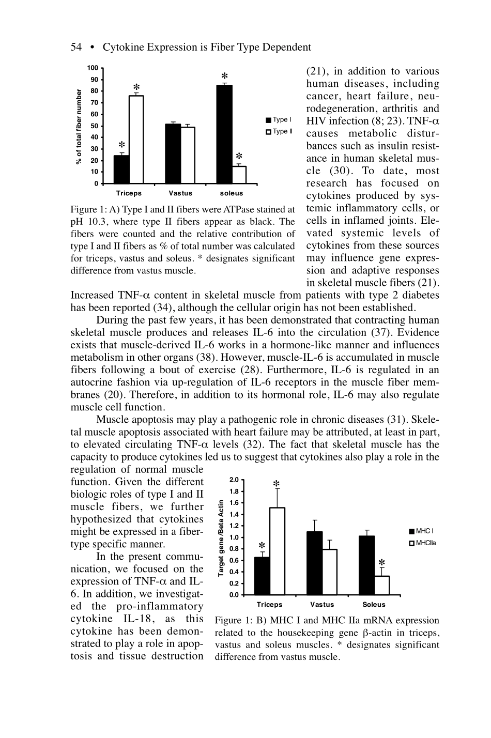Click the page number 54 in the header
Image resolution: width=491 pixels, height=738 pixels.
pos(76,48)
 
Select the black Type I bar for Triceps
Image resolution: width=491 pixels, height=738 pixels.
pos(121,170)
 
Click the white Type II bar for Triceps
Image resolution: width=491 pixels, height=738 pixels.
pos(136,140)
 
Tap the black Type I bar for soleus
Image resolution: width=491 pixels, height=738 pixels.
pos(224,134)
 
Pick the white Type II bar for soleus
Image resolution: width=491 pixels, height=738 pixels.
pos(239,175)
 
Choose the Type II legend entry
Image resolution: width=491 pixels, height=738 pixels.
pos(279,131)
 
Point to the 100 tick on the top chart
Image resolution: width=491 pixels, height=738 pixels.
pos(93,68)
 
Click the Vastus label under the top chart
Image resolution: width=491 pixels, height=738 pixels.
pos(180,193)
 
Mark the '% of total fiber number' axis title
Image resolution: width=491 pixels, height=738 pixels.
pos(79,127)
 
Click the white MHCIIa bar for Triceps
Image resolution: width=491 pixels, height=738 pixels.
pos(277,551)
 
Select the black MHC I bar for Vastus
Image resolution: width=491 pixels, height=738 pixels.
pos(314,563)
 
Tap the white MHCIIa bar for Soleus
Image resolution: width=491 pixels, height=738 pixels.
pos(381,585)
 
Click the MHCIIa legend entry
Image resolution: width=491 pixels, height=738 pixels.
pos(422,543)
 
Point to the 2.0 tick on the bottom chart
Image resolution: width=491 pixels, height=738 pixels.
pos(234,480)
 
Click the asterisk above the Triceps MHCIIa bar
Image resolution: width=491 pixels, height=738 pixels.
pos(277,484)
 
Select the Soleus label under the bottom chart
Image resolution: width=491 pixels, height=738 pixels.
pos(374,604)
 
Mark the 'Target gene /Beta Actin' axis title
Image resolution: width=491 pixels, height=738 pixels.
pos(220,537)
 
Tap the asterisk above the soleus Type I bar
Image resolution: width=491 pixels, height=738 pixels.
pos(225,76)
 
